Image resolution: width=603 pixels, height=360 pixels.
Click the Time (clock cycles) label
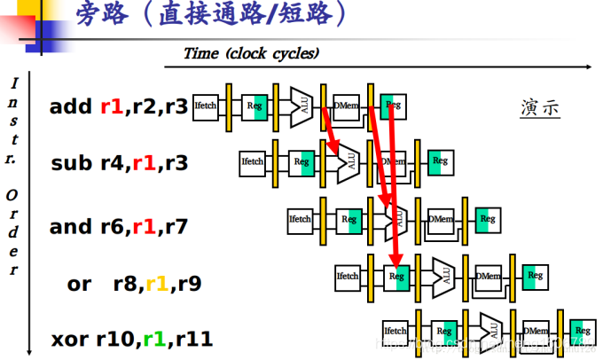coord(251,53)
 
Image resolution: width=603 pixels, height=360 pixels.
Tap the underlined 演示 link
coord(539,109)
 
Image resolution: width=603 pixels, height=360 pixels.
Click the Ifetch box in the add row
coord(206,106)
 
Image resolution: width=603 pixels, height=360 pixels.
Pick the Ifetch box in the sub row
coord(254,161)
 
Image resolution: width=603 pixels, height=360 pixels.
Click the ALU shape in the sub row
coord(348,161)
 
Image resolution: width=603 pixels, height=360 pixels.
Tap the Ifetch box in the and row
coord(301,218)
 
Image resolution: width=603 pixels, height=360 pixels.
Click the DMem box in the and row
coord(441,218)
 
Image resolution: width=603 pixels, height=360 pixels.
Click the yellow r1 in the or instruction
coord(156,285)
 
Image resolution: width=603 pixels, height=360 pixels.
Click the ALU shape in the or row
coord(443,276)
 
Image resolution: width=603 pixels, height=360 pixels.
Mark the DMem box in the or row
coord(489,276)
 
